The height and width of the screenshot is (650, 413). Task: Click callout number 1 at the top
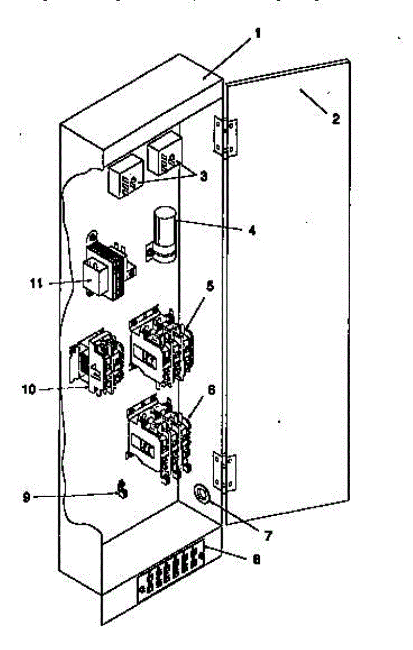point(258,34)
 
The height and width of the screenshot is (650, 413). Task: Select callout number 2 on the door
point(336,120)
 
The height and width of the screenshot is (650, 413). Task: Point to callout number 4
point(251,230)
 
